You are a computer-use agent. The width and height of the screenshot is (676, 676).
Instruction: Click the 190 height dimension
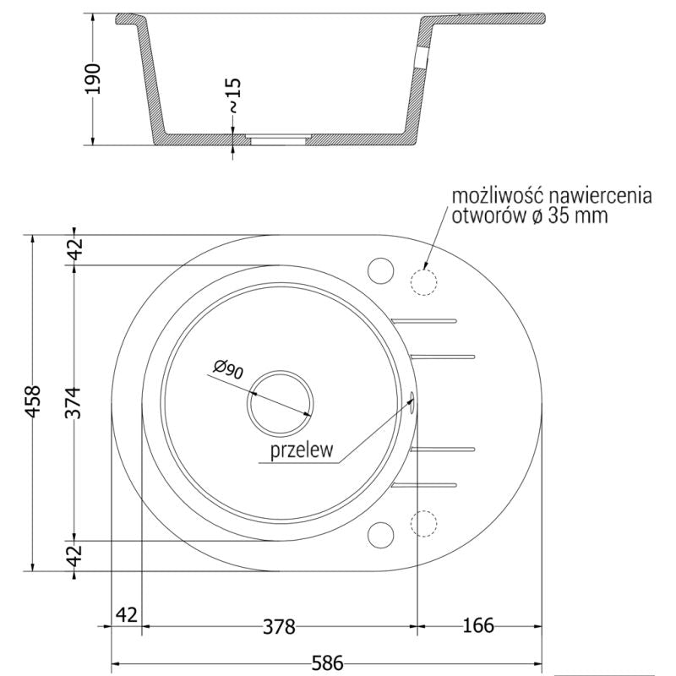coord(94,78)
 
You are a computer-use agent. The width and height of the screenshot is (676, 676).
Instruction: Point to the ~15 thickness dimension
coord(233,94)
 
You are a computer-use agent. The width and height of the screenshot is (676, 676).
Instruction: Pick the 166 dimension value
coord(477,626)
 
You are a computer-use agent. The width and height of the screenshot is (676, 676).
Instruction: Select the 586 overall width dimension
coord(325,665)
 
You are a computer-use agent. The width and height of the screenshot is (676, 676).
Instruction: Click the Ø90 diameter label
coord(228,368)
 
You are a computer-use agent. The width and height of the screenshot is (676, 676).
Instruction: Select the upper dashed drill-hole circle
coord(424,281)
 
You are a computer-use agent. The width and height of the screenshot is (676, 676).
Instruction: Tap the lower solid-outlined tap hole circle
coord(381,535)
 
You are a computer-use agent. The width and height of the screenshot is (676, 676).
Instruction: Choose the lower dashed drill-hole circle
coord(424,523)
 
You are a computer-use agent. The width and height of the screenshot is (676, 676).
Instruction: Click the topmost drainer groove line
coord(425,320)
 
